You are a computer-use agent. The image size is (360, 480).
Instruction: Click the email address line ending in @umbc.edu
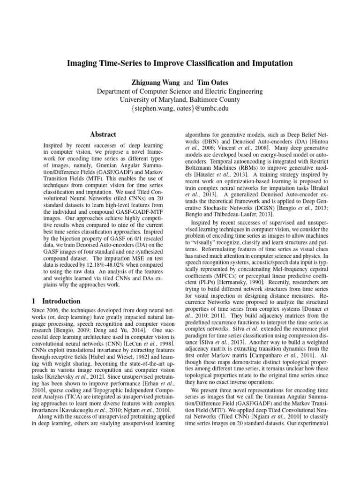pos(180,108)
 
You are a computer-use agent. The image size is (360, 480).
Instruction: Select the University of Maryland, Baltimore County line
pos(180,99)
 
